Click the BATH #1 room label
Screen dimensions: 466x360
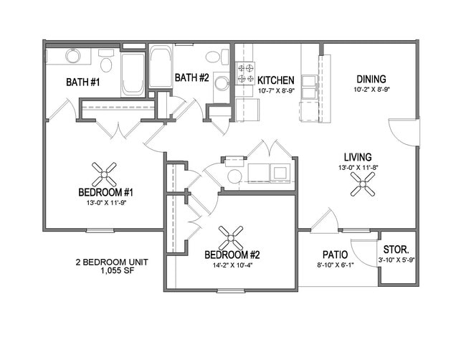pyautogui.click(x=83, y=82)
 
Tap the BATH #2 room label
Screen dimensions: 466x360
pyautogui.click(x=192, y=77)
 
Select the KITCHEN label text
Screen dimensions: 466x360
pyautogui.click(x=276, y=80)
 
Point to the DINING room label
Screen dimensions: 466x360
pyautogui.click(x=371, y=79)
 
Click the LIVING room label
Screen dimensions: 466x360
pyautogui.click(x=358, y=157)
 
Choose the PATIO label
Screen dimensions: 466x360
pyautogui.click(x=336, y=255)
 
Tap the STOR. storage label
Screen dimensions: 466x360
pyautogui.click(x=396, y=249)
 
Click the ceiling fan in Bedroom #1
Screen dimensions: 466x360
pyautogui.click(x=104, y=174)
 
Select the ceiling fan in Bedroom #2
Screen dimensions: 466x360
pyautogui.click(x=231, y=238)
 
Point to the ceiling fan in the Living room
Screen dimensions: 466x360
pyautogui.click(x=363, y=184)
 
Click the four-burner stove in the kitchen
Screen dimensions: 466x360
pyautogui.click(x=246, y=73)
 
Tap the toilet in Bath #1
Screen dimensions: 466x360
pyautogui.click(x=106, y=61)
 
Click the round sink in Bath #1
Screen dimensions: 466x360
pyautogui.click(x=73, y=56)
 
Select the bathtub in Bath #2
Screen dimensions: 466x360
pyautogui.click(x=161, y=66)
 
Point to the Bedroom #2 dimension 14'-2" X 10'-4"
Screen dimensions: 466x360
pyautogui.click(x=232, y=265)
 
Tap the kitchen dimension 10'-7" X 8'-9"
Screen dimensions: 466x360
pyautogui.click(x=276, y=91)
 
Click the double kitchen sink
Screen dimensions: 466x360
pyautogui.click(x=310, y=87)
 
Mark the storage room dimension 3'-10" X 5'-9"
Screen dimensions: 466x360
pyautogui.click(x=396, y=260)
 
